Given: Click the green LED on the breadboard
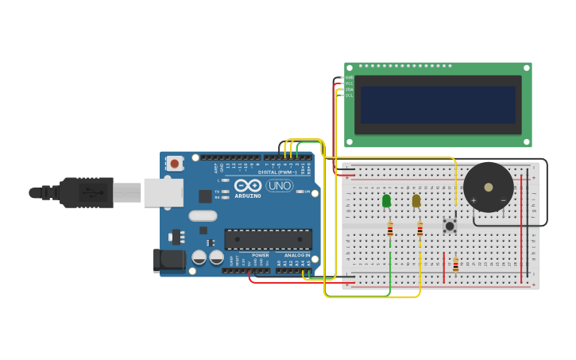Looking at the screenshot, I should tap(387, 201).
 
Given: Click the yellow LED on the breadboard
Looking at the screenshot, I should tap(416, 201).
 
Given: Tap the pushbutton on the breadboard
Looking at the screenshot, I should tap(450, 226).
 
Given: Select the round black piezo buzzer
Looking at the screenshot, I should tap(489, 188).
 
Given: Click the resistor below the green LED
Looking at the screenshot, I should tap(390, 230).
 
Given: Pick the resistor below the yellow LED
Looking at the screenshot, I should tap(420, 230).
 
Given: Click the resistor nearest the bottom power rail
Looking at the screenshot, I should tap(455, 265).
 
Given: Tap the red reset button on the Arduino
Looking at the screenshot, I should tap(175, 164).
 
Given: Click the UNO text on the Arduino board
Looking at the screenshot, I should tap(279, 185).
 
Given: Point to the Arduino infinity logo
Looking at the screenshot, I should tap(248, 185).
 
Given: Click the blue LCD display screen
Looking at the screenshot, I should tap(438, 105).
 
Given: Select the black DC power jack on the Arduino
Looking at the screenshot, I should tap(169, 260).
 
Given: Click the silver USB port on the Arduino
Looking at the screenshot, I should tap(164, 192).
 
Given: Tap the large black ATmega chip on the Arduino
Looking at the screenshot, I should tap(268, 239).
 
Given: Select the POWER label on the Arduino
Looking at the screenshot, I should tap(261, 255).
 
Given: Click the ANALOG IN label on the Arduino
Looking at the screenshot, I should tap(297, 255).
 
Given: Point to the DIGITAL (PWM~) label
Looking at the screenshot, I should tap(277, 172).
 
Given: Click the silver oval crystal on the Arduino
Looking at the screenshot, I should tap(203, 215).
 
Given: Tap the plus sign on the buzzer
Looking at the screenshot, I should tap(474, 200).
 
